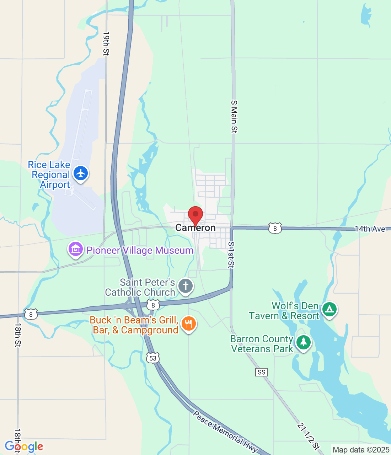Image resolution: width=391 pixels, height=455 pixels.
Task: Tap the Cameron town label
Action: coord(195,228)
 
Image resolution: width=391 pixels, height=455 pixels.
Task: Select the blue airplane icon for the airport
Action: coord(81,173)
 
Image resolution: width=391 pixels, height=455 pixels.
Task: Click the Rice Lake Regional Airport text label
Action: coord(49,175)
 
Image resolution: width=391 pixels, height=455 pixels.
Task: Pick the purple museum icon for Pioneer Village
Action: coord(75,249)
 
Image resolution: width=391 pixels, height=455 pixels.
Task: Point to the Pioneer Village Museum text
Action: coord(140,250)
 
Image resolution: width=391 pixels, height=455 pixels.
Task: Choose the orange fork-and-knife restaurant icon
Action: coord(189,324)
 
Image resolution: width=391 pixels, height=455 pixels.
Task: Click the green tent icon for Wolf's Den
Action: coord(330,310)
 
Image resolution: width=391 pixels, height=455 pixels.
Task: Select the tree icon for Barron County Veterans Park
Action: coord(303,342)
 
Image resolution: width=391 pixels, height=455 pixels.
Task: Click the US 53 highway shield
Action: coord(153,358)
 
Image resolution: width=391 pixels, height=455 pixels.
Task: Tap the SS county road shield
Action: coord(261,372)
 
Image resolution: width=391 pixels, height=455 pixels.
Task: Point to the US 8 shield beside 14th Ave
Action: coord(275,228)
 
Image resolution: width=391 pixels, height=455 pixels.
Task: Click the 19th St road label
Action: coord(106,43)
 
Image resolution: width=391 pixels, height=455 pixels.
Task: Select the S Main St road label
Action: coord(234,117)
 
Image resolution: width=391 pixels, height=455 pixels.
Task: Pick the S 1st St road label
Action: coord(231,255)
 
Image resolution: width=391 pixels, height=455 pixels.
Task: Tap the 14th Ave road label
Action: coord(370,229)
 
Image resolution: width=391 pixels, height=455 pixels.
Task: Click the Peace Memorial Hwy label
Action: coord(225,432)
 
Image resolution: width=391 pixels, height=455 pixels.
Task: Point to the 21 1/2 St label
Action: coord(309,437)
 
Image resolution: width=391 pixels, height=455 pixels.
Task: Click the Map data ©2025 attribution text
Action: coord(361,450)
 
